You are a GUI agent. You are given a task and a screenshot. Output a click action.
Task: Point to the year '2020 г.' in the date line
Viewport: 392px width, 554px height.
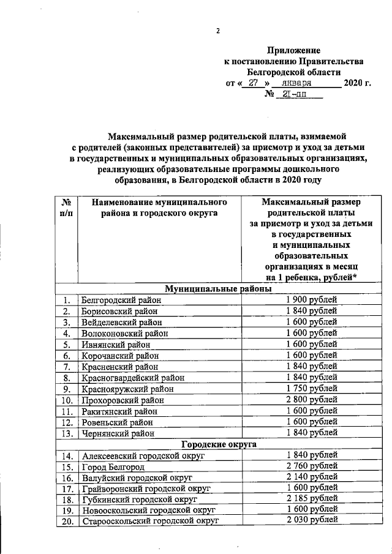tap(358, 83)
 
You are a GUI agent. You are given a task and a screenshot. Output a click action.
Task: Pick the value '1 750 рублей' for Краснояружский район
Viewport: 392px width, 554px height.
tap(311, 388)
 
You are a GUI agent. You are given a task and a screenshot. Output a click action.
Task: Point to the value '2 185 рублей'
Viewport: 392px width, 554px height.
tap(311, 498)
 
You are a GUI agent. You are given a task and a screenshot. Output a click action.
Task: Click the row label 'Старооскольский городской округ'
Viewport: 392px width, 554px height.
tap(150, 521)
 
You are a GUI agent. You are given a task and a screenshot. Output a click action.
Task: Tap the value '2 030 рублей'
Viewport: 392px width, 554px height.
tap(311, 520)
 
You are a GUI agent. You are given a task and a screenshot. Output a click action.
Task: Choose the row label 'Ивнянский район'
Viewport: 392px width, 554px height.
tap(116, 345)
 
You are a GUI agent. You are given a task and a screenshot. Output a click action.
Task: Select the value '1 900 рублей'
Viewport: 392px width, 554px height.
tap(311, 299)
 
